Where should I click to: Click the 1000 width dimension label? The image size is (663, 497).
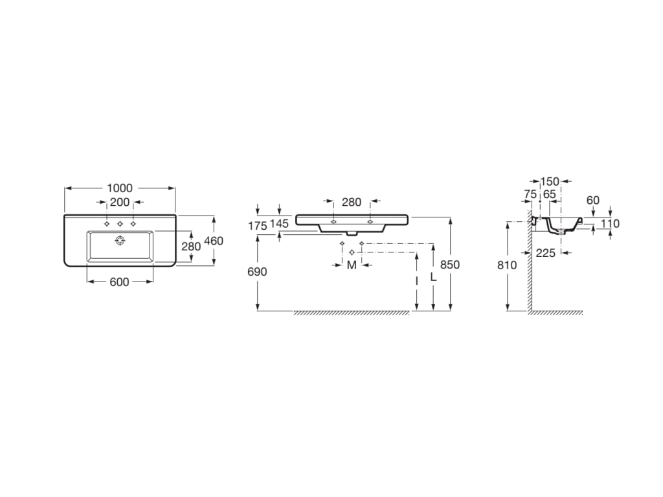point(120,188)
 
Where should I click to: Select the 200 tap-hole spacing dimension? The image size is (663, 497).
point(120,203)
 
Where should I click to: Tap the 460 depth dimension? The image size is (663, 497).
point(214,241)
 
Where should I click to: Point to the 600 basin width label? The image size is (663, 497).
point(119,282)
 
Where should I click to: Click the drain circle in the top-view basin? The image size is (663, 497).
point(120,241)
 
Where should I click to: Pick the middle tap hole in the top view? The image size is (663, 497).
point(120,223)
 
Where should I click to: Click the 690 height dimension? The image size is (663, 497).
point(257,272)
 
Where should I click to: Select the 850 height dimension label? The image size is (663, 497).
point(450,265)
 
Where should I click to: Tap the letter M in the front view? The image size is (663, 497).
point(352,265)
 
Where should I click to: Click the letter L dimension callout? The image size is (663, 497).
point(433,277)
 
